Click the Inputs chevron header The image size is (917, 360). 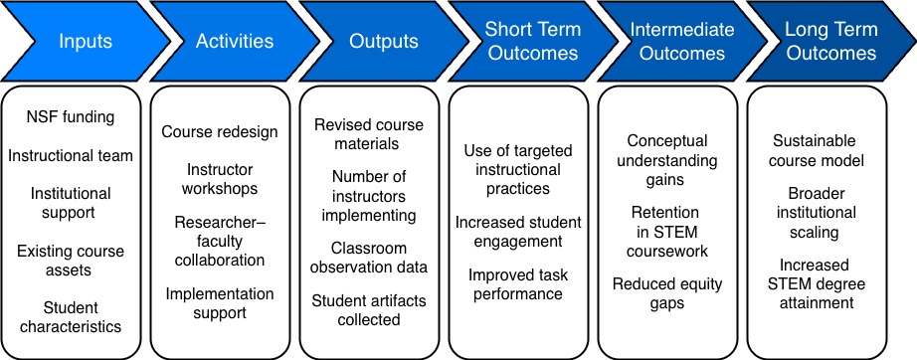click(86, 43)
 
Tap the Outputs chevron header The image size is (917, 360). click(383, 43)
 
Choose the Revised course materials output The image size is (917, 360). click(369, 134)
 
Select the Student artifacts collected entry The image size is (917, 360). click(369, 309)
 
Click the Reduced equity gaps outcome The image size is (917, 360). click(667, 293)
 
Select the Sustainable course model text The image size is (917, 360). click(815, 151)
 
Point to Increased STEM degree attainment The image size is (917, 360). click(815, 283)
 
